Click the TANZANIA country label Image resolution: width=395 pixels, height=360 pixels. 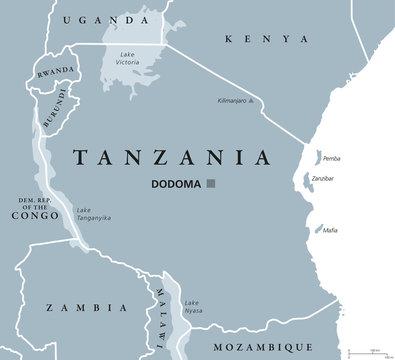click(172, 157)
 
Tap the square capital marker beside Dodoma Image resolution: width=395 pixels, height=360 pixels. click(211, 184)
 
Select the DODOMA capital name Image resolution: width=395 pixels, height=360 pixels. click(176, 184)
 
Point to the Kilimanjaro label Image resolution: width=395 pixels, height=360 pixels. click(237, 101)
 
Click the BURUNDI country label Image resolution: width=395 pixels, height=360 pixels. click(57, 106)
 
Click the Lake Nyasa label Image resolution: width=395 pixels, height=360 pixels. click(192, 306)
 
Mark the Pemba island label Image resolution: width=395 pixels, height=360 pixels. click(331, 156)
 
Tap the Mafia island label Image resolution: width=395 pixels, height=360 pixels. click(330, 231)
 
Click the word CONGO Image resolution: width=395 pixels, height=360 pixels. click(33, 212)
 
